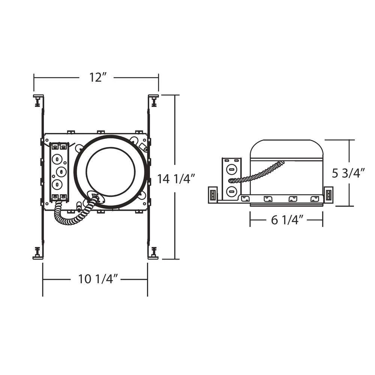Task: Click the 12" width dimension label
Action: click(x=97, y=77)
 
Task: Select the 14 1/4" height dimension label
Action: click(x=176, y=178)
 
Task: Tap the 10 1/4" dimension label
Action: click(x=98, y=279)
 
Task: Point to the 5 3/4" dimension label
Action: click(x=348, y=173)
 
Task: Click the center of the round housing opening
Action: click(x=111, y=172)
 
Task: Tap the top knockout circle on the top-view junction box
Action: click(x=57, y=159)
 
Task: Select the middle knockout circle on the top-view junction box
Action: click(x=61, y=171)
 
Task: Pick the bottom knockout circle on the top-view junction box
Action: click(x=57, y=184)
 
